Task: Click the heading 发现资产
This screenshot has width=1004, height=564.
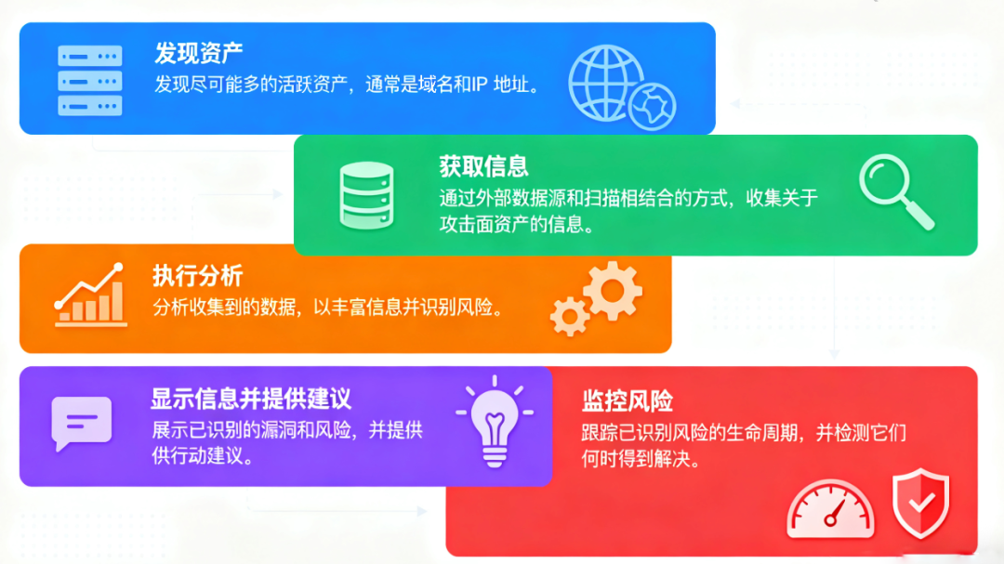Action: [199, 53]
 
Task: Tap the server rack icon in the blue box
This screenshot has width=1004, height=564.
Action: [89, 81]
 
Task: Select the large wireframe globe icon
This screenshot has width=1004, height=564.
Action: [604, 83]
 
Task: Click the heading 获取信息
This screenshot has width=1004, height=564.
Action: [483, 166]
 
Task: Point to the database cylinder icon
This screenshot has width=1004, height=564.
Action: [366, 195]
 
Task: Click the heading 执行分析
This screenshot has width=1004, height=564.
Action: [197, 276]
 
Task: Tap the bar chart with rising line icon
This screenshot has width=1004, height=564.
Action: [90, 295]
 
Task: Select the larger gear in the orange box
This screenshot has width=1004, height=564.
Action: [613, 291]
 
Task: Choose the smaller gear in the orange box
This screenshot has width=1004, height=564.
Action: [569, 316]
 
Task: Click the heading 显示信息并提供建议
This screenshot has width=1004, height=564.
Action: [251, 399]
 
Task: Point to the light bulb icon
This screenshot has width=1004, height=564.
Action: [495, 421]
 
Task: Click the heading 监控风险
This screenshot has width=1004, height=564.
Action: [627, 401]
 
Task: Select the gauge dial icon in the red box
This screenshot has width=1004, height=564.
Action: [830, 509]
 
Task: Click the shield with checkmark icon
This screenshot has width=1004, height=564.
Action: [920, 503]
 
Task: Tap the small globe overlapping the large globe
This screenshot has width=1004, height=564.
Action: [652, 106]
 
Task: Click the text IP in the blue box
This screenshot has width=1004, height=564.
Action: [479, 84]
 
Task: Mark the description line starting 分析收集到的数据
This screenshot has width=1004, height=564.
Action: [328, 308]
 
